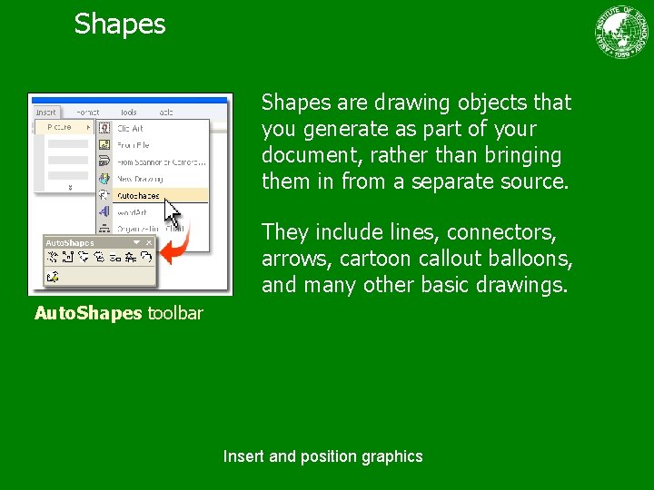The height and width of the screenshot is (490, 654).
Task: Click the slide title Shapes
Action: click(120, 24)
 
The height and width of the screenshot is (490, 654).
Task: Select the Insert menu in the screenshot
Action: click(46, 113)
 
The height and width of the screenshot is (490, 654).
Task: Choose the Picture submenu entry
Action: click(62, 128)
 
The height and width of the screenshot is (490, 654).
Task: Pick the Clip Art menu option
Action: click(130, 129)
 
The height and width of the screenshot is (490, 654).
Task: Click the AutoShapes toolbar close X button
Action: click(149, 242)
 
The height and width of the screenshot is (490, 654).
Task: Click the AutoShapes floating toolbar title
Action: click(71, 243)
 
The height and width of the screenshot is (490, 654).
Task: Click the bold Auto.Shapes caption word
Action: click(88, 314)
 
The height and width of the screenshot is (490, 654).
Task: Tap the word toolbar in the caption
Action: click(175, 314)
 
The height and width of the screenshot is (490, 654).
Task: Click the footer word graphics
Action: click(391, 456)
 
